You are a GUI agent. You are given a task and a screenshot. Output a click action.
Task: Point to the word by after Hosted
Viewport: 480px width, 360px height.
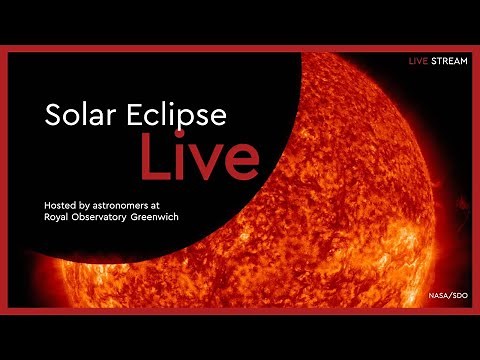[96, 204]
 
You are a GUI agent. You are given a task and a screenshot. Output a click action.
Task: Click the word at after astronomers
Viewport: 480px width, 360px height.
[181, 204]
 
